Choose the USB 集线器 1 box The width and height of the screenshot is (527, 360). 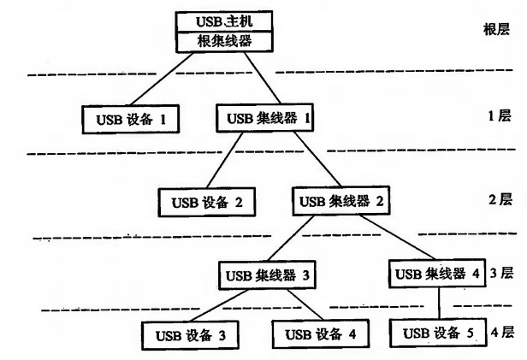point(266,116)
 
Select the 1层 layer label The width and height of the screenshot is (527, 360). point(499,116)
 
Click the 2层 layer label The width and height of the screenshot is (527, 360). point(499,200)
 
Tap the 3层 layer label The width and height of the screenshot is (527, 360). point(501,274)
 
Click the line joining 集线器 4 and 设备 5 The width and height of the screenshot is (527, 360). point(439,303)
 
